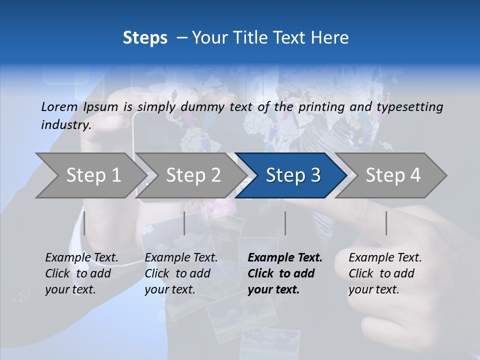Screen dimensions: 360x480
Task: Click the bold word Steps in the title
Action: coord(145,37)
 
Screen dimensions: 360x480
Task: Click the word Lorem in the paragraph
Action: coord(59,106)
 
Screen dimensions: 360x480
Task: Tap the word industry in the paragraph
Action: coord(65,124)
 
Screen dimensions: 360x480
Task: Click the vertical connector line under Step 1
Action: coord(84,223)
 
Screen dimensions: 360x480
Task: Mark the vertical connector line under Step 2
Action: coord(184,223)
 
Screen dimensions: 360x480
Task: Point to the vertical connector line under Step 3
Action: coord(285,223)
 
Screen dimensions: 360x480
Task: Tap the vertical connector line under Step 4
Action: coord(386,223)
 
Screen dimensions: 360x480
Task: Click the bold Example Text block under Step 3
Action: coord(285,273)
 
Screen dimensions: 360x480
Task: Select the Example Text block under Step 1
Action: coord(81,273)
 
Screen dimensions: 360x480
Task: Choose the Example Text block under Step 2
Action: coord(181,273)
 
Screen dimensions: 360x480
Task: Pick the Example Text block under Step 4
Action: coord(385,273)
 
